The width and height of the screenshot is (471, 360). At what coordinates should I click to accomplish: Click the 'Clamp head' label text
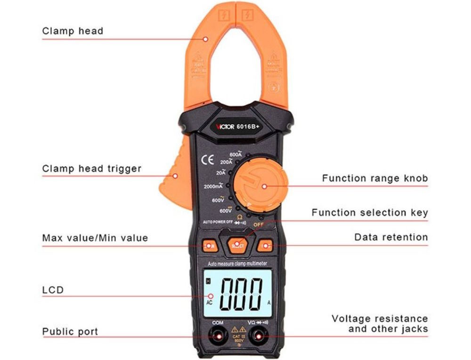73,31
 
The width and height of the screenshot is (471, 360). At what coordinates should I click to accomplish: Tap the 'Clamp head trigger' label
91,168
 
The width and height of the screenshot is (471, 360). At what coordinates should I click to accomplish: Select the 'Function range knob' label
375,178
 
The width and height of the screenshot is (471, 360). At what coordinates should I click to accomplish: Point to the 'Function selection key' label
370,213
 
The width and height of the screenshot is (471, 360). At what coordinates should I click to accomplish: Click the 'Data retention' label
391,237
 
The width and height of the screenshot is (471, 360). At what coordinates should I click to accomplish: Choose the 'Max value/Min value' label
95,238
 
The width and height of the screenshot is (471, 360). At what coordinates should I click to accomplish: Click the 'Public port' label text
70,331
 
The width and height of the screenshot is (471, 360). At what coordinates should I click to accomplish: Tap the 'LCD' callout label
53,290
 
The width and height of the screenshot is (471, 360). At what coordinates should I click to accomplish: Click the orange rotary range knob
260,184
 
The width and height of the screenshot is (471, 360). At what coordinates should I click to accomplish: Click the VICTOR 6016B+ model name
237,126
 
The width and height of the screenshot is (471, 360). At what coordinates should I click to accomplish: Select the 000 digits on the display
242,294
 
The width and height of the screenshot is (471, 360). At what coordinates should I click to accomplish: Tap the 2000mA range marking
213,187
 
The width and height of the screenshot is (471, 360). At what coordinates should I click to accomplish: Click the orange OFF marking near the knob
258,224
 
